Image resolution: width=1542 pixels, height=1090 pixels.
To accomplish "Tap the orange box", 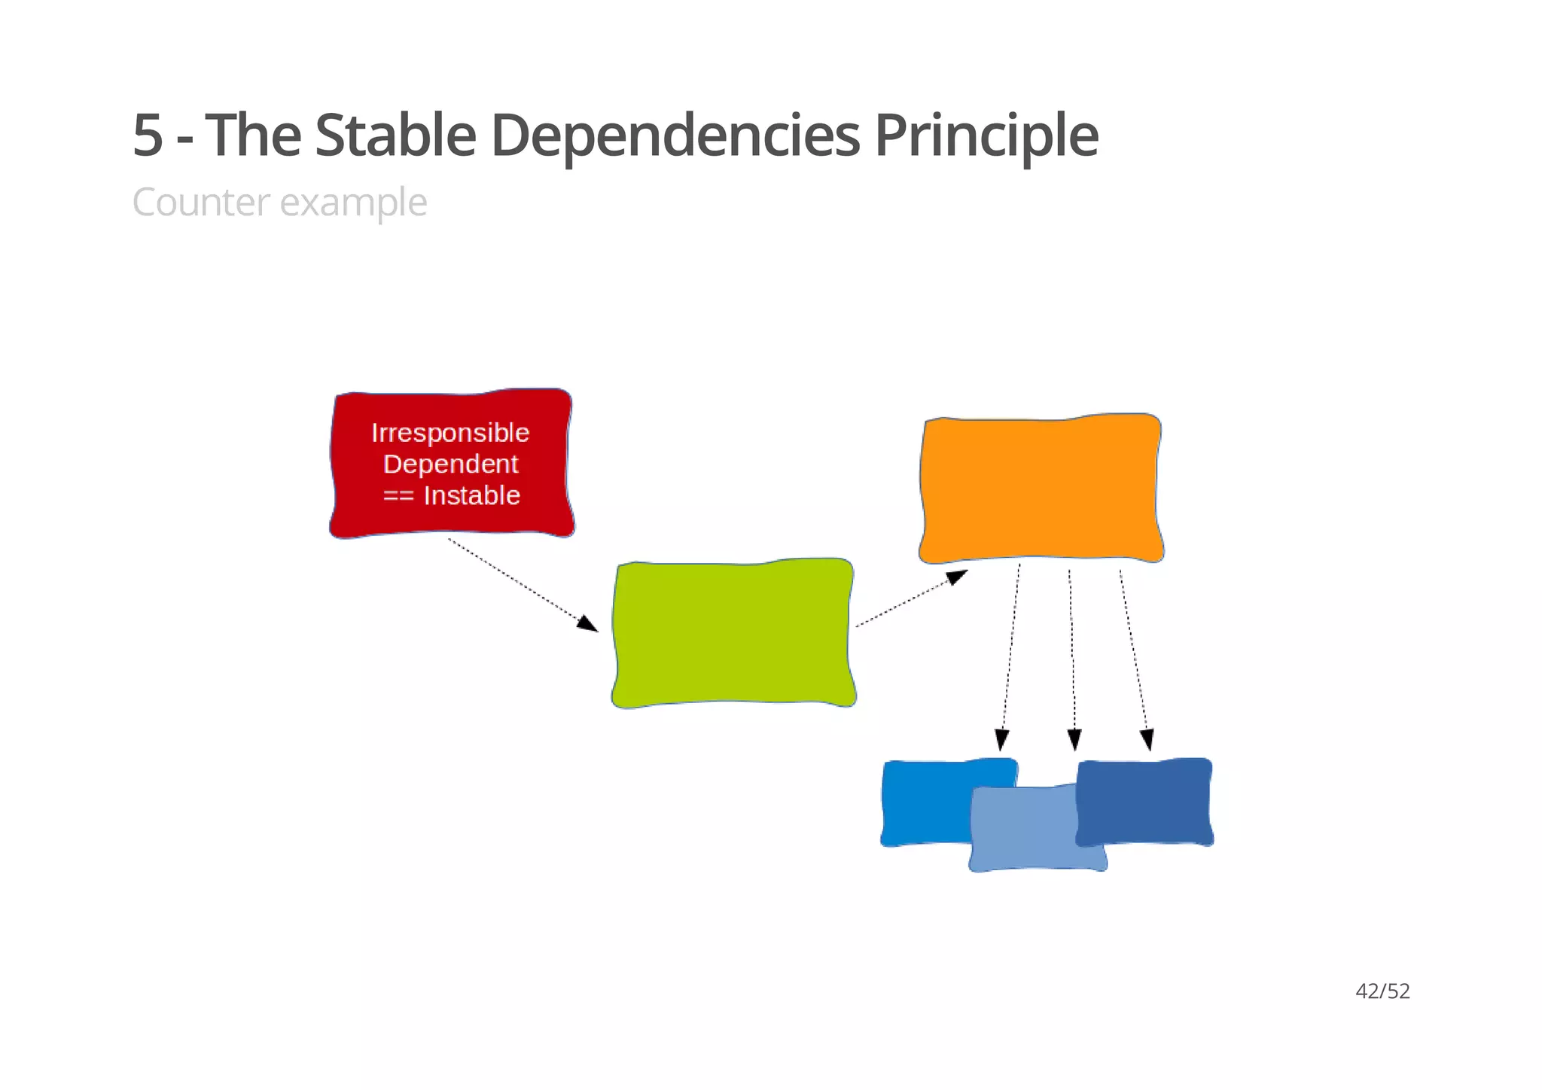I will click(1041, 488).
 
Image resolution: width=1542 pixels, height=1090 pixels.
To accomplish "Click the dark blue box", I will click(1144, 801).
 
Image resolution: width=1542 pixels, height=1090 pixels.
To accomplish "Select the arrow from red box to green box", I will click(523, 585).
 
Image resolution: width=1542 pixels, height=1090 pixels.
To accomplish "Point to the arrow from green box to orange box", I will click(911, 598).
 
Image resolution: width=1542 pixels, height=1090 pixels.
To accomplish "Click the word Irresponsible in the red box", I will click(450, 433).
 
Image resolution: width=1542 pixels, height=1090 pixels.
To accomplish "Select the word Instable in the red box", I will click(472, 495).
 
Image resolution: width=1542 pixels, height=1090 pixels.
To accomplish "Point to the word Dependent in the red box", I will click(450, 464).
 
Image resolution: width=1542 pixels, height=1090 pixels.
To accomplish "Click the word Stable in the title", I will click(395, 135).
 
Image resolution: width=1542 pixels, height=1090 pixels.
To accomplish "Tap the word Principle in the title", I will click(986, 135).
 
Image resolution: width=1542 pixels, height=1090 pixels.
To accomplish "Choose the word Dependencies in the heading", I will click(675, 135).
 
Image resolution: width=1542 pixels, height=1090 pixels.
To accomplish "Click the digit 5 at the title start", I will click(148, 135).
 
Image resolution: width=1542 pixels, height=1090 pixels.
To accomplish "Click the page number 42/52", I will click(1382, 991).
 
